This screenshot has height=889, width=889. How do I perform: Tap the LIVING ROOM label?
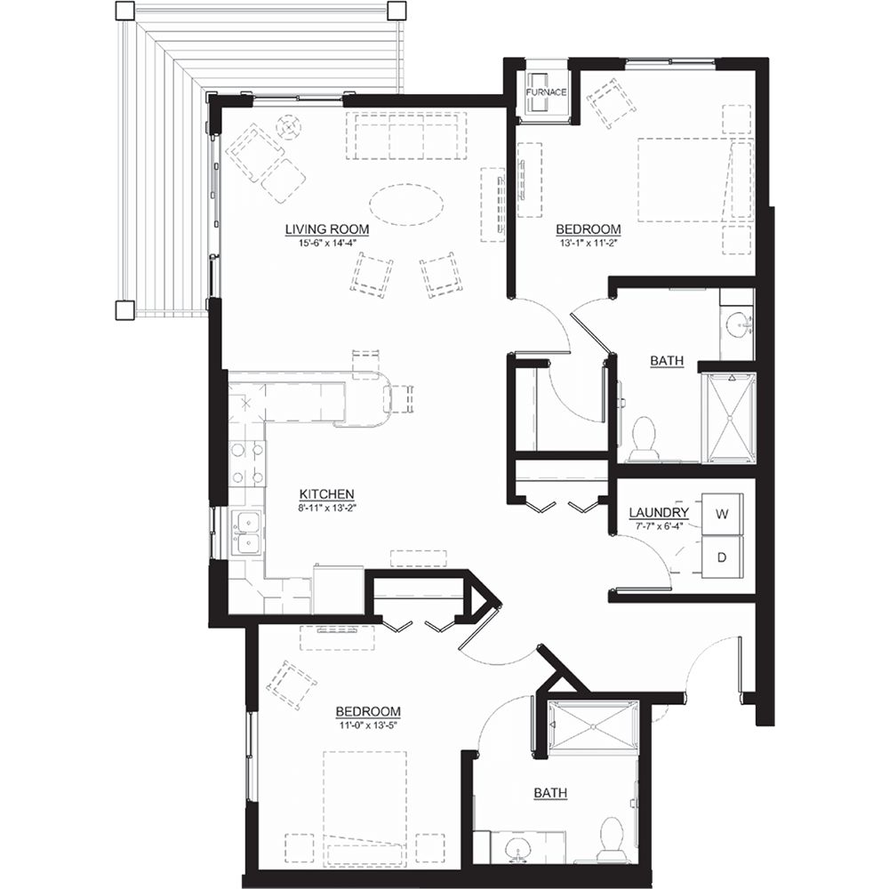tap(327, 229)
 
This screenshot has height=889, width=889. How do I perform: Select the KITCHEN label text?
tap(327, 493)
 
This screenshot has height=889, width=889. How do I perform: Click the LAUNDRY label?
tap(658, 513)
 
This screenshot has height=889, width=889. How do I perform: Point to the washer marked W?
tap(721, 514)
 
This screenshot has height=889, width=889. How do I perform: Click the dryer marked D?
tap(721, 557)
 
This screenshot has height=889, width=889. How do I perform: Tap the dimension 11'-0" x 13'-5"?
tap(367, 725)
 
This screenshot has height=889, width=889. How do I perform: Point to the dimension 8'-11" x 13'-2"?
tap(327, 508)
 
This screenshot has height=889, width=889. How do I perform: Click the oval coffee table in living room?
tap(406, 204)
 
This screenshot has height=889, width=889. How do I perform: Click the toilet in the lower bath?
tap(611, 838)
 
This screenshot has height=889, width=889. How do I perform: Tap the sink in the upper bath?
tap(738, 324)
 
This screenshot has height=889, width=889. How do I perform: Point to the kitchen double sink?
tap(245, 533)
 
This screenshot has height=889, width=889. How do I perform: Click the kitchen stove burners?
tap(248, 462)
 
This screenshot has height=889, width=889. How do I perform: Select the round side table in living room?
tap(288, 127)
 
